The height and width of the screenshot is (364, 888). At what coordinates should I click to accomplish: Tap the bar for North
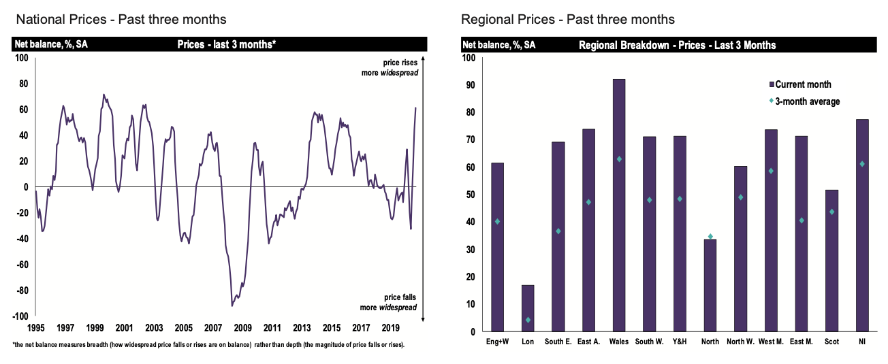(710, 286)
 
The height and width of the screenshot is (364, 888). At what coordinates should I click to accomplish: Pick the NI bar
(862, 225)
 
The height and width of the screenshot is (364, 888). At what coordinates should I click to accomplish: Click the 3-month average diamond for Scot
(831, 212)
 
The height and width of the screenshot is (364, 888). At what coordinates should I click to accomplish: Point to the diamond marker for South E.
(558, 231)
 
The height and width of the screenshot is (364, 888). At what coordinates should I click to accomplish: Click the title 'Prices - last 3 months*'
(226, 45)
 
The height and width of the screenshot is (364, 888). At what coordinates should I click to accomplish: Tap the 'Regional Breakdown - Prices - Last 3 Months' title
(677, 46)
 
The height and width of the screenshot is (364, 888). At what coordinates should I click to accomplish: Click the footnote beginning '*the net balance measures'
(208, 345)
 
